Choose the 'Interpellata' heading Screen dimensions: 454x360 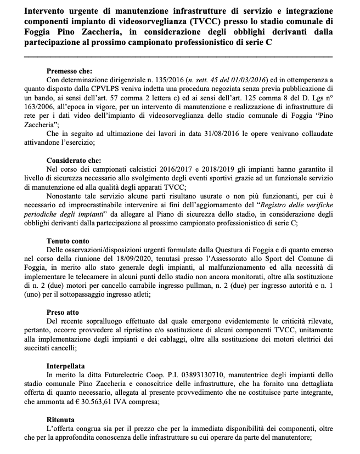click(x=67, y=364)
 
